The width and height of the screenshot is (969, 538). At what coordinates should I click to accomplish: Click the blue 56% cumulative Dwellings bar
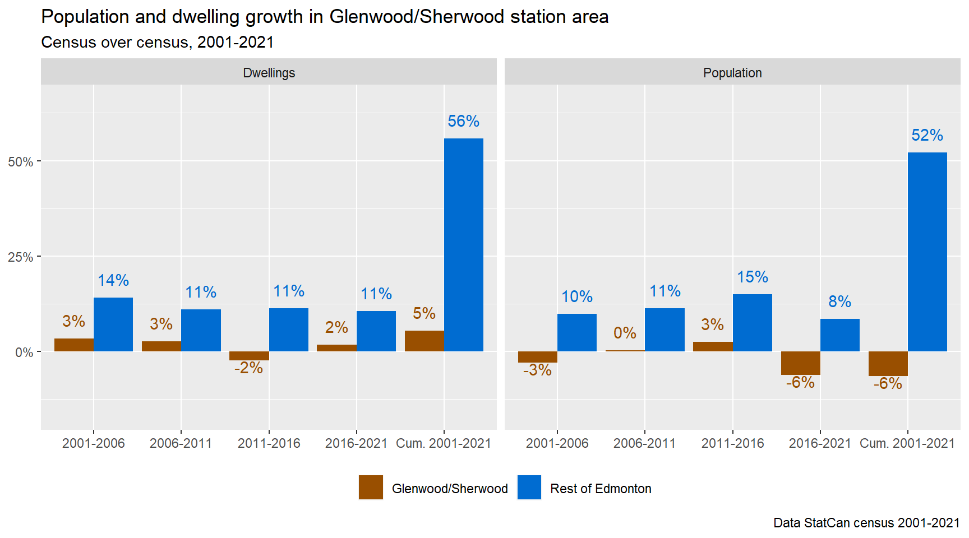coord(463,245)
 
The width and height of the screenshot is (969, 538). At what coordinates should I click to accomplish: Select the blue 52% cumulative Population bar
coord(927,252)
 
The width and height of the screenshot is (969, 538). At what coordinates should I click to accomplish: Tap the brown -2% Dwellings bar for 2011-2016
coord(249,356)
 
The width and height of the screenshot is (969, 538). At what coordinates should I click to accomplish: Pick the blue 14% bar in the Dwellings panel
coord(113,324)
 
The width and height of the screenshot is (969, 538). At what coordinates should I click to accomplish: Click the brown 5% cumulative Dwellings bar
coord(424,341)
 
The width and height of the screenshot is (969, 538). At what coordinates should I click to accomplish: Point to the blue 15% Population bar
coord(752,323)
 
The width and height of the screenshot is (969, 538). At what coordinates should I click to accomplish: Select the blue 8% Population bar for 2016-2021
coord(839,335)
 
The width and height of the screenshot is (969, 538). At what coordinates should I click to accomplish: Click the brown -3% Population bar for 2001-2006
coord(537,357)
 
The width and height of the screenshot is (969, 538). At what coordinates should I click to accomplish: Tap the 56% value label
coord(463,121)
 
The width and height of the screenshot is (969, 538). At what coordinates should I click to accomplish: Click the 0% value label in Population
coord(625,333)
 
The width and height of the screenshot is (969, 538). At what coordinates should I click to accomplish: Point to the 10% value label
coord(577,296)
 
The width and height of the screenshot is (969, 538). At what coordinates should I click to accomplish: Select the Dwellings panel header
coord(269,73)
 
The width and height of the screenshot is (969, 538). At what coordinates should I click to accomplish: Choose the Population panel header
coord(732,73)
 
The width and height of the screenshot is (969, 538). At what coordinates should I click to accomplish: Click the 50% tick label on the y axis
coord(20,162)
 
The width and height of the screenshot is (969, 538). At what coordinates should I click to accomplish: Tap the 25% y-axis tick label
coord(20,257)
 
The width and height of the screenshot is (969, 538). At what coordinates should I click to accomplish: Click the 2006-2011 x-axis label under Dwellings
coord(181,443)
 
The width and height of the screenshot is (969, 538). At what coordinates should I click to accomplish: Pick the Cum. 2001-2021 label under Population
coord(907,443)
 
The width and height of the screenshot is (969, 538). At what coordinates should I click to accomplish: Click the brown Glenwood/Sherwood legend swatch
coord(371,487)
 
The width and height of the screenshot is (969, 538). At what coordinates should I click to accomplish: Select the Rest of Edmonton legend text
coord(601,489)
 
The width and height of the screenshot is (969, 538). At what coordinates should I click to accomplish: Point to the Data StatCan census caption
coord(866,523)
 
